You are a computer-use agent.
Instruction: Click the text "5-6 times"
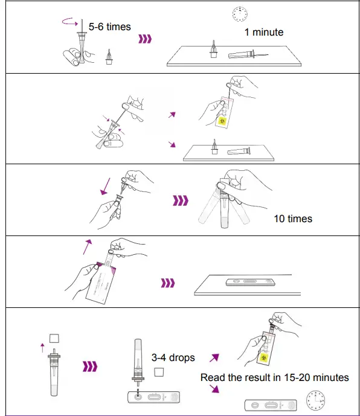pos(109,27)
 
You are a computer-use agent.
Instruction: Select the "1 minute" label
pos(263,32)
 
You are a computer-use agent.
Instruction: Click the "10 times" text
pos(293,218)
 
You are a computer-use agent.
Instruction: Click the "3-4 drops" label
pos(173,357)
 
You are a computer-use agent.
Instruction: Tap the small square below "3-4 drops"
pos(159,373)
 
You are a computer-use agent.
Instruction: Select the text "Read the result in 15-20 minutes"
pos(274,377)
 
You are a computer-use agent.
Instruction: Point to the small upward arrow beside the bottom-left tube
pos(42,347)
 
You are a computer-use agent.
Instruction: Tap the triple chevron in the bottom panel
pos(90,366)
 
